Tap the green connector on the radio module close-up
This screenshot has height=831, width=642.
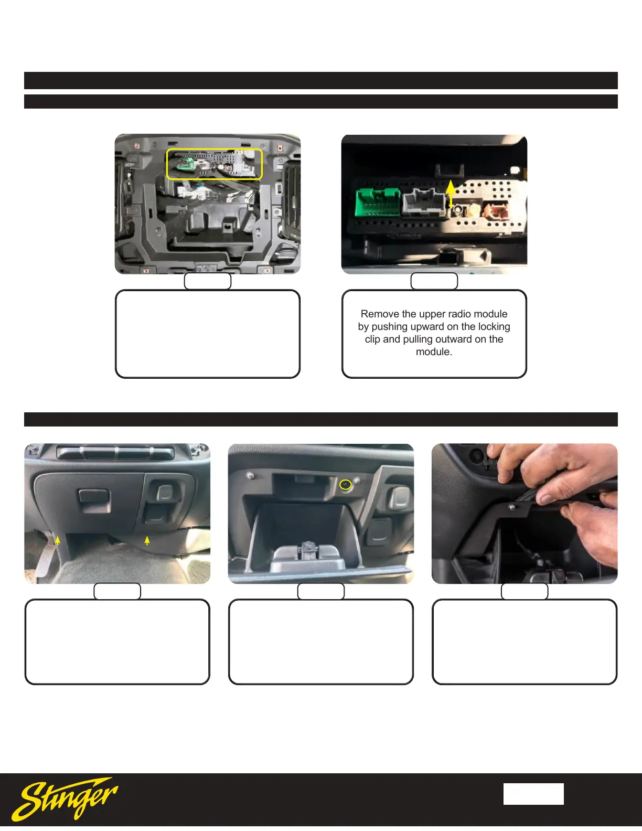tap(378, 203)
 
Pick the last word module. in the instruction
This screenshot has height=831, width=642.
tap(434, 352)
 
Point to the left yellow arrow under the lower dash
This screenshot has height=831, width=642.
tap(58, 540)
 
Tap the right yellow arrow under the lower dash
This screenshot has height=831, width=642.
tap(147, 540)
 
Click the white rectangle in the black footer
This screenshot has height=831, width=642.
tap(533, 794)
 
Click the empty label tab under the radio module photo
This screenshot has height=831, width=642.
tap(434, 281)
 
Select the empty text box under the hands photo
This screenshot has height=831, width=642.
tap(524, 642)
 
